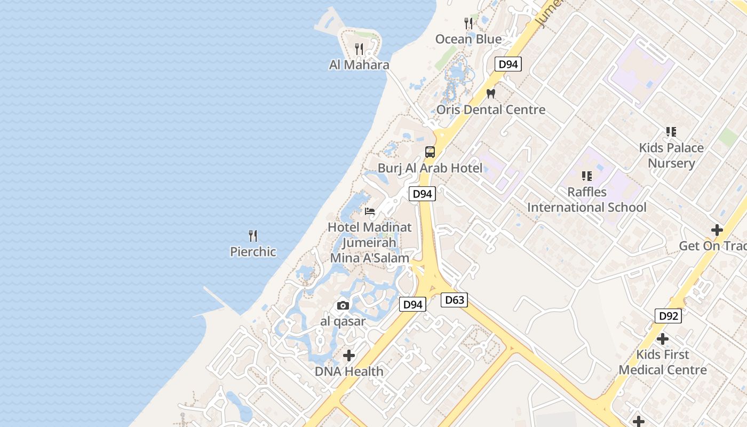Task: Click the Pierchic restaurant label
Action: [253, 251]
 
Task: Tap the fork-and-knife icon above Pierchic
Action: [253, 235]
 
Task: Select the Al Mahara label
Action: [359, 65]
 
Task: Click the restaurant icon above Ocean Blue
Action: [468, 23]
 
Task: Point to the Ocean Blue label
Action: [468, 39]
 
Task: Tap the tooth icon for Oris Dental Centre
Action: [491, 93]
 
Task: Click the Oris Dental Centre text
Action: [491, 110]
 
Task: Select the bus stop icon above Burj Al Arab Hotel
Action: [430, 152]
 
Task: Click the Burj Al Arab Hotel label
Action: [430, 168]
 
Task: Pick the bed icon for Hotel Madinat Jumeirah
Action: [369, 211]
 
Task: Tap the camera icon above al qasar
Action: [343, 305]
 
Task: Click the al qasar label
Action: [343, 321]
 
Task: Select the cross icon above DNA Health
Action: [349, 355]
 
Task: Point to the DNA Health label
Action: [349, 371]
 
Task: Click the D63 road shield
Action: [455, 300]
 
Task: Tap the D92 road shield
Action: [668, 316]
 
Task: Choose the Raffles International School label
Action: [587, 200]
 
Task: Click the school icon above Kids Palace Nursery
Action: [671, 131]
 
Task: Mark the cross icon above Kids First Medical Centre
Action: [663, 339]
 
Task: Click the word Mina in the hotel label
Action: [344, 258]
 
